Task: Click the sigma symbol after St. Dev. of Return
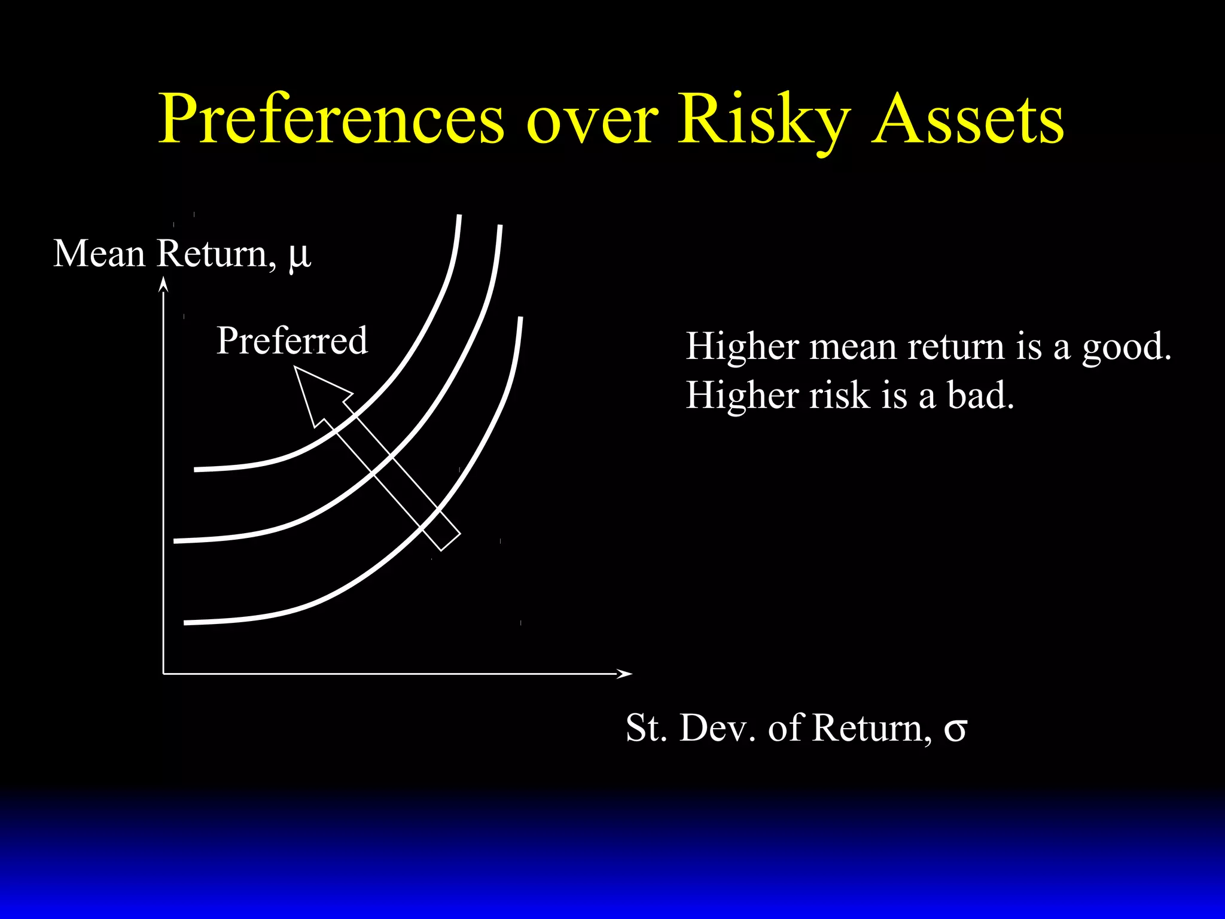point(955,729)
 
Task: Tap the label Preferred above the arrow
point(291,340)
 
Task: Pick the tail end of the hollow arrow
point(450,541)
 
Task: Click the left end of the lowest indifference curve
point(185,623)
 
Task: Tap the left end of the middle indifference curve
point(176,541)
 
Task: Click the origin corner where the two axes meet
point(163,674)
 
